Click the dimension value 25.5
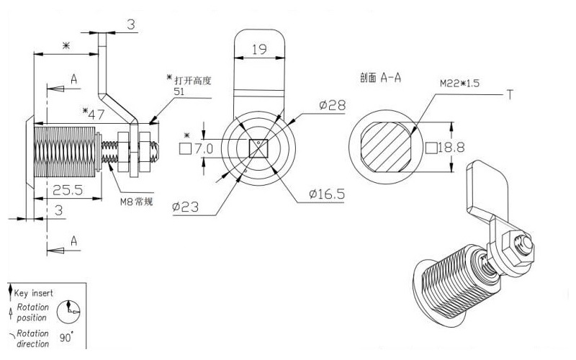tap(68, 190)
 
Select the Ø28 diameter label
tap(333, 105)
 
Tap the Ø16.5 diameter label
tap(327, 194)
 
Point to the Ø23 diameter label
tap(186, 207)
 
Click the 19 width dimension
tap(259, 49)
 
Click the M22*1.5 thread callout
tap(459, 84)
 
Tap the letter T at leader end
tap(510, 94)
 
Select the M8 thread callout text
tap(136, 202)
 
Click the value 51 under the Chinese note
tap(179, 91)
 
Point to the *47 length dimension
tap(94, 114)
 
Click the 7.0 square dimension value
tap(204, 148)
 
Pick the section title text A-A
tap(391, 78)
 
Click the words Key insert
tap(33, 293)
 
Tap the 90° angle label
tap(66, 336)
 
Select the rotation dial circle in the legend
tap(68, 312)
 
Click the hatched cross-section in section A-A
tap(386, 148)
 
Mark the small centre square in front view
tap(258, 148)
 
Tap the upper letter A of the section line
tap(74, 78)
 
